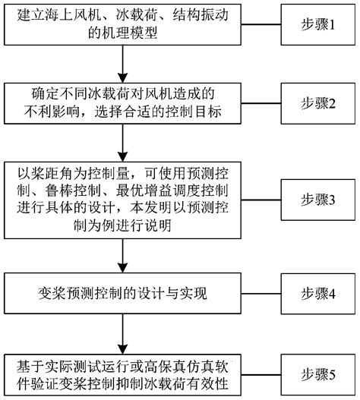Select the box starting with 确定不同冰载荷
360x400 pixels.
click(x=122, y=103)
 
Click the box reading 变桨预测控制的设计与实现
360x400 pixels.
click(x=122, y=291)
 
